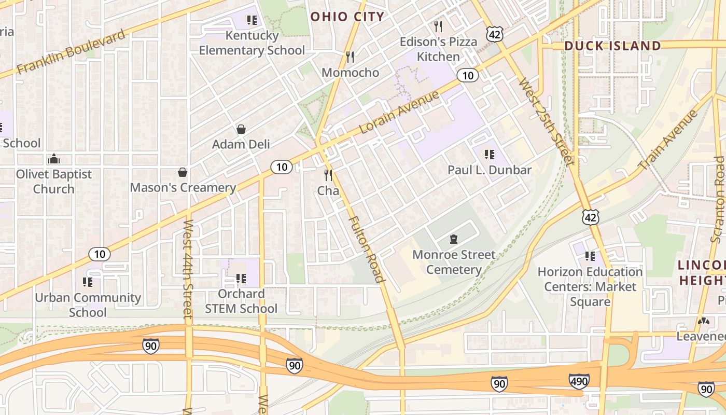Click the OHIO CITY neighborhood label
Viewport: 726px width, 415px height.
tap(347, 17)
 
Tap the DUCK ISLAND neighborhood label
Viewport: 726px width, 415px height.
tap(612, 46)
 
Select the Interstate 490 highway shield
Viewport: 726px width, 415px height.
tap(579, 382)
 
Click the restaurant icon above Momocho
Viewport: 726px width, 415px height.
tap(350, 57)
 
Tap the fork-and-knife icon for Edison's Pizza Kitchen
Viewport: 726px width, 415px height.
tap(438, 26)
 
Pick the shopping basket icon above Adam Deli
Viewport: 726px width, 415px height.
tap(241, 129)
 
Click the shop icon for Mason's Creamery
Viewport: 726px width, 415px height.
tap(183, 172)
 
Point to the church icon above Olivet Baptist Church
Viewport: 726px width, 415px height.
tap(53, 159)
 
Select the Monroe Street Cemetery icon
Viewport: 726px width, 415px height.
tap(454, 239)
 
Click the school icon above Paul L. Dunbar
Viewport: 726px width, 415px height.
tap(489, 155)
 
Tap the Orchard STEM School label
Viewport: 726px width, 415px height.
tap(241, 301)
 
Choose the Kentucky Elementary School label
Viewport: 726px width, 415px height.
tap(252, 43)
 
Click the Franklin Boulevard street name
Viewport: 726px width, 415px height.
tap(71, 52)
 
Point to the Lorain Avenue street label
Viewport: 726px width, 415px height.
tap(399, 112)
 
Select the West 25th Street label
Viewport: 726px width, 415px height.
tap(546, 122)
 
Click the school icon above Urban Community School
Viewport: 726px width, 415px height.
tap(88, 282)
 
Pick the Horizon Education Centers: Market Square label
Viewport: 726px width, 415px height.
tap(590, 286)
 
